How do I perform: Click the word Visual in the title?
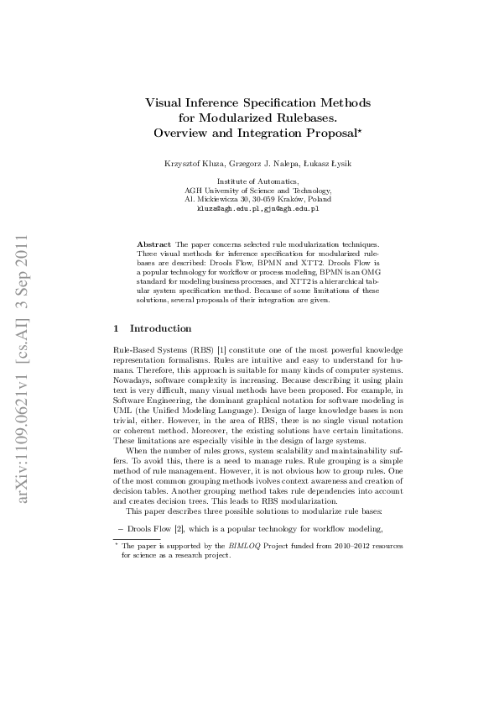(165, 102)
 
